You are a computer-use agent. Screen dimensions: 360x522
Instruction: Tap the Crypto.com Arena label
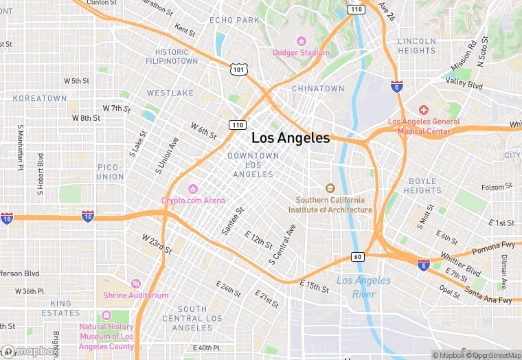pos(193,200)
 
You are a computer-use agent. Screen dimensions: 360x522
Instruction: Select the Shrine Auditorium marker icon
pos(135,284)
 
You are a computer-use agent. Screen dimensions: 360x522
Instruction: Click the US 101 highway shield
pos(238,69)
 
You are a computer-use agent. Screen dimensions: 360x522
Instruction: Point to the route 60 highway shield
pos(358,256)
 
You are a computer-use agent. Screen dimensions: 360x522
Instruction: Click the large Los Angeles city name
pos(290,138)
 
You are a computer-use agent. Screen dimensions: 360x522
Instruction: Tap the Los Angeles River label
pos(364,287)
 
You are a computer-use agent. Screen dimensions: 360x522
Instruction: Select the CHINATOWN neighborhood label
pos(317,89)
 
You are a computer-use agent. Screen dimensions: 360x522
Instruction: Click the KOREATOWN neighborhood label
pos(40,98)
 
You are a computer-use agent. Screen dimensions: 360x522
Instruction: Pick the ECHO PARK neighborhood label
pos(234,20)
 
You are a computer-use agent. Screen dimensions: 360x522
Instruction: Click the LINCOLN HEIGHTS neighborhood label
pos(416,46)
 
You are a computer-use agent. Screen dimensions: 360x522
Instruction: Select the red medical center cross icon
pos(424,110)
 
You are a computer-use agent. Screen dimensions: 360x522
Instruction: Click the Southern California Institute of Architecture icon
pos(330,188)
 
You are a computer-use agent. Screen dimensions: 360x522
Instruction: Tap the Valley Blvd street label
pos(464,84)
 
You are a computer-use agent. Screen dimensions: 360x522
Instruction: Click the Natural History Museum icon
pos(106,315)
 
